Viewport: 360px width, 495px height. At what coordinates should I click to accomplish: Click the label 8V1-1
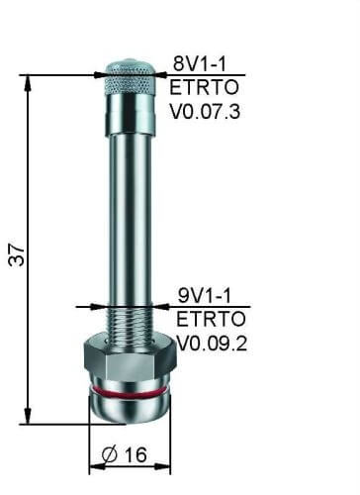[202, 62]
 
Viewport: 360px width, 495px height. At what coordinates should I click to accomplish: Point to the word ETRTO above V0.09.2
[205, 319]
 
